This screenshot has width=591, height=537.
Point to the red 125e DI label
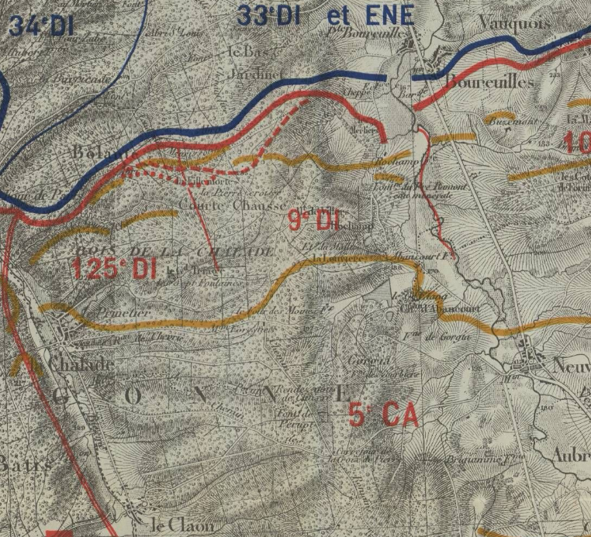tap(115, 268)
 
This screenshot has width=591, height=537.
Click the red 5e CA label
tap(383, 415)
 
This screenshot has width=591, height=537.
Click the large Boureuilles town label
tap(489, 80)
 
